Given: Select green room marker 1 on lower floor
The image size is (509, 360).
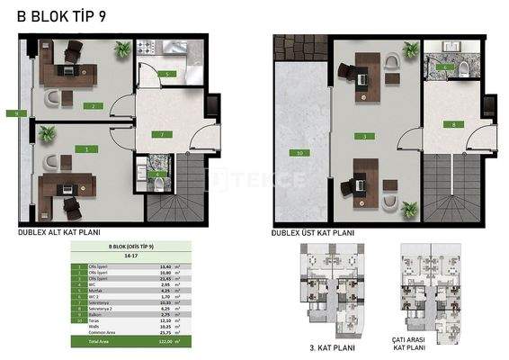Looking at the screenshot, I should tap(86, 148).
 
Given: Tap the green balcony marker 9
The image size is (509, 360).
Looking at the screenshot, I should tap(9, 113).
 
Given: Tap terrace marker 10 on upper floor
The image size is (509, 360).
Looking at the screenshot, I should tap(299, 153).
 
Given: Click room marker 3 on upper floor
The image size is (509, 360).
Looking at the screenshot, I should tap(364, 136).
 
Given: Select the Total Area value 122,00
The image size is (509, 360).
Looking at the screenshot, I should tap(164, 343).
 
